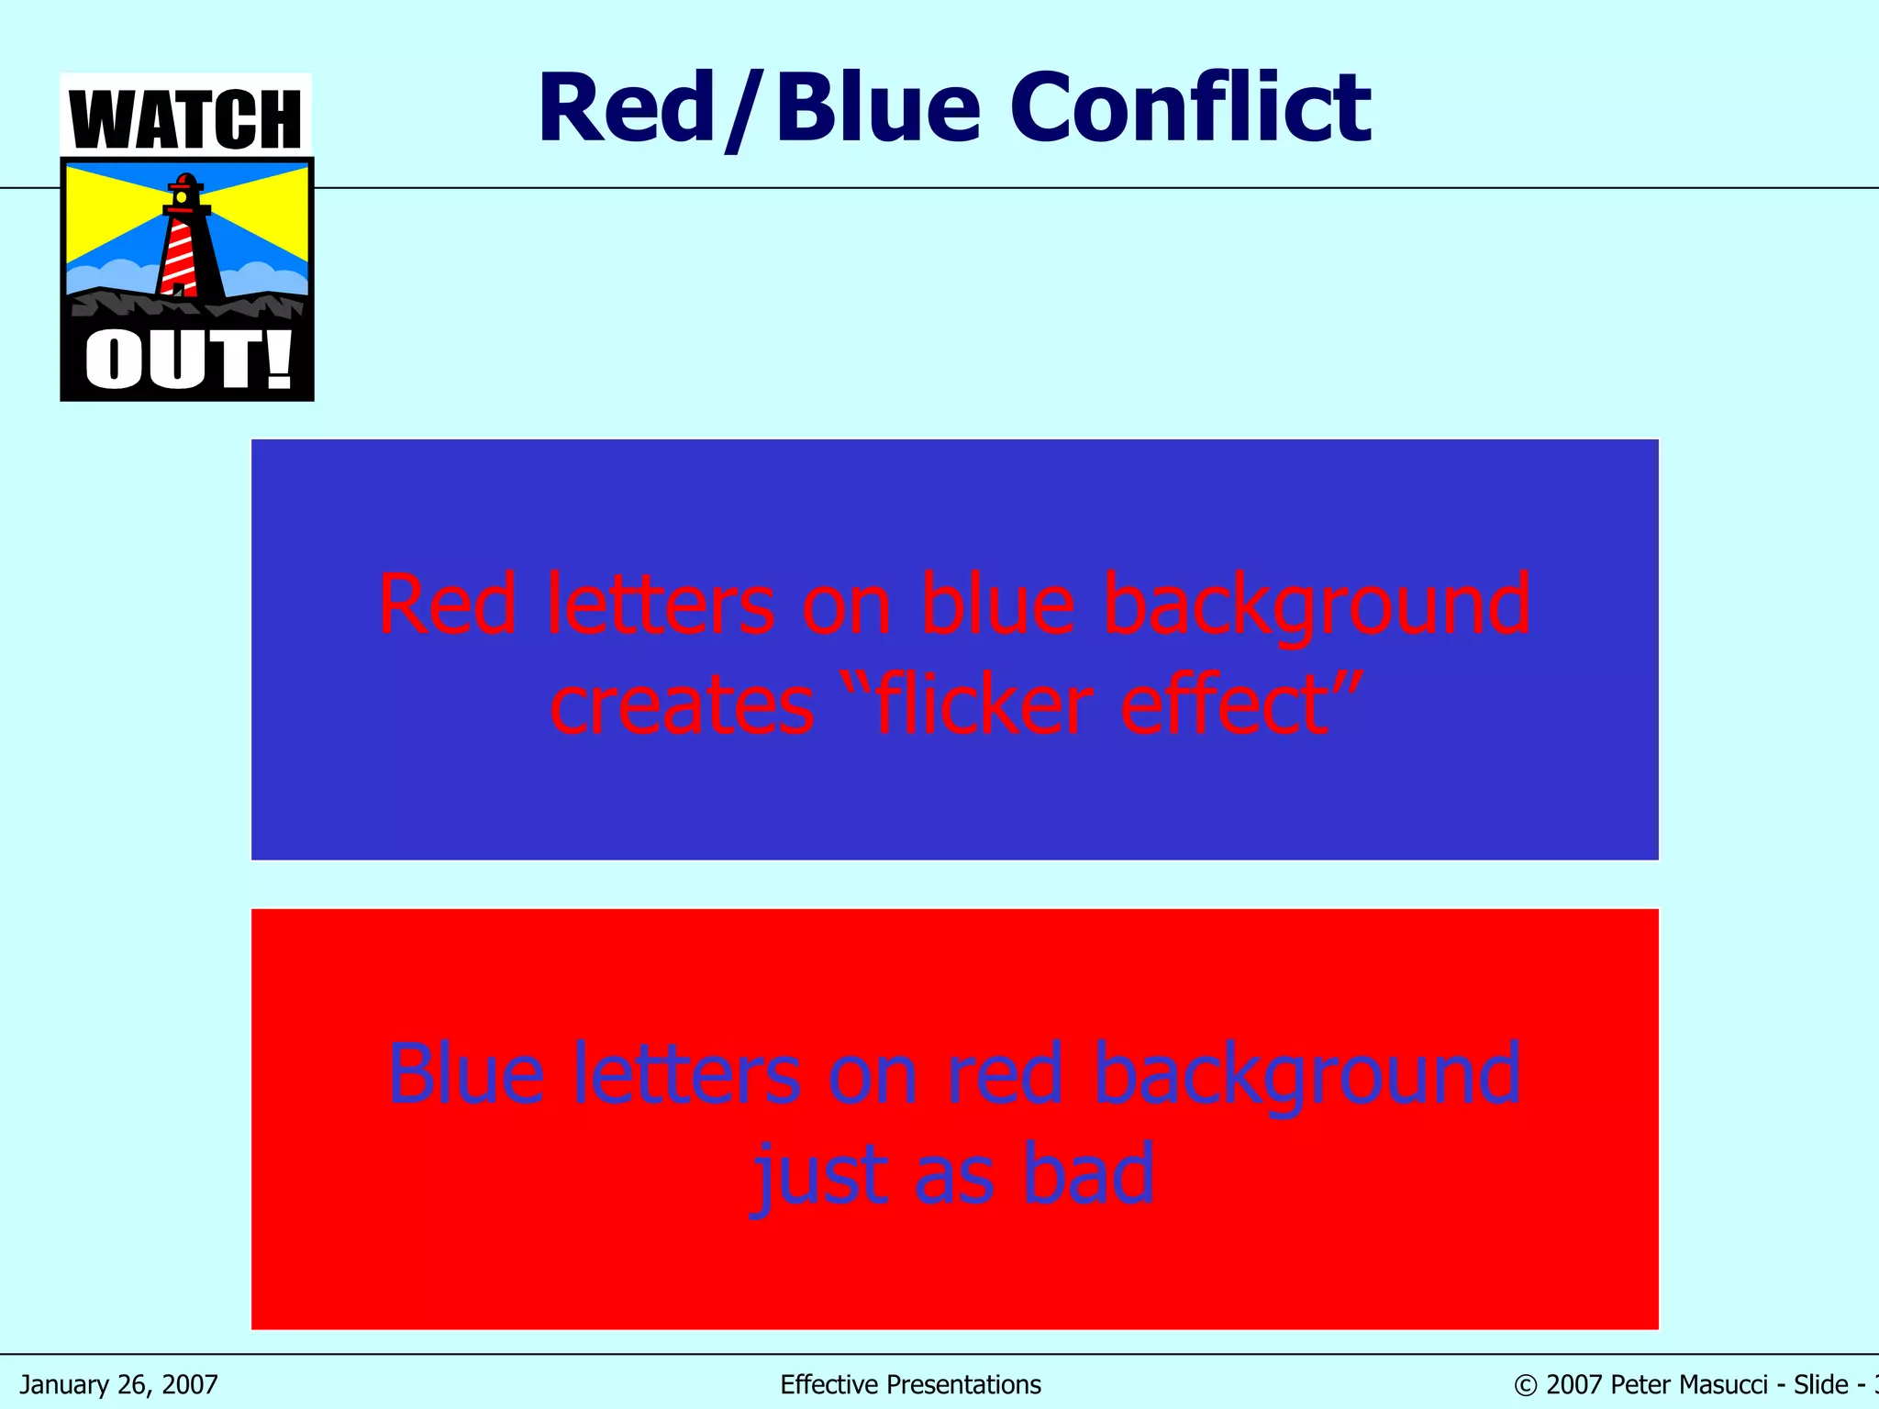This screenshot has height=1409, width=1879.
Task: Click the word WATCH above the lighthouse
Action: click(x=185, y=119)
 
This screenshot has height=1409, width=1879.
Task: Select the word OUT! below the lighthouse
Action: click(x=188, y=361)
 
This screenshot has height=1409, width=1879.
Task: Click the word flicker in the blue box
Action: click(x=982, y=704)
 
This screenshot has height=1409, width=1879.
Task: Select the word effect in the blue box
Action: click(x=1226, y=704)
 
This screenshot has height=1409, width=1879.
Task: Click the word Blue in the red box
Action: click(x=466, y=1073)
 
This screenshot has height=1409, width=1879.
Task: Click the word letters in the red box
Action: click(x=687, y=1073)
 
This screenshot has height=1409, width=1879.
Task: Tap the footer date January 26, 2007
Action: click(x=119, y=1384)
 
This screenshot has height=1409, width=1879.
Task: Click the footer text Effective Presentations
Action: click(x=910, y=1384)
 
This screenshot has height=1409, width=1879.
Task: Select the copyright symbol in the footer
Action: click(x=1525, y=1385)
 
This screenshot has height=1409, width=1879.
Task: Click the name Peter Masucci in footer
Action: click(x=1688, y=1384)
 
